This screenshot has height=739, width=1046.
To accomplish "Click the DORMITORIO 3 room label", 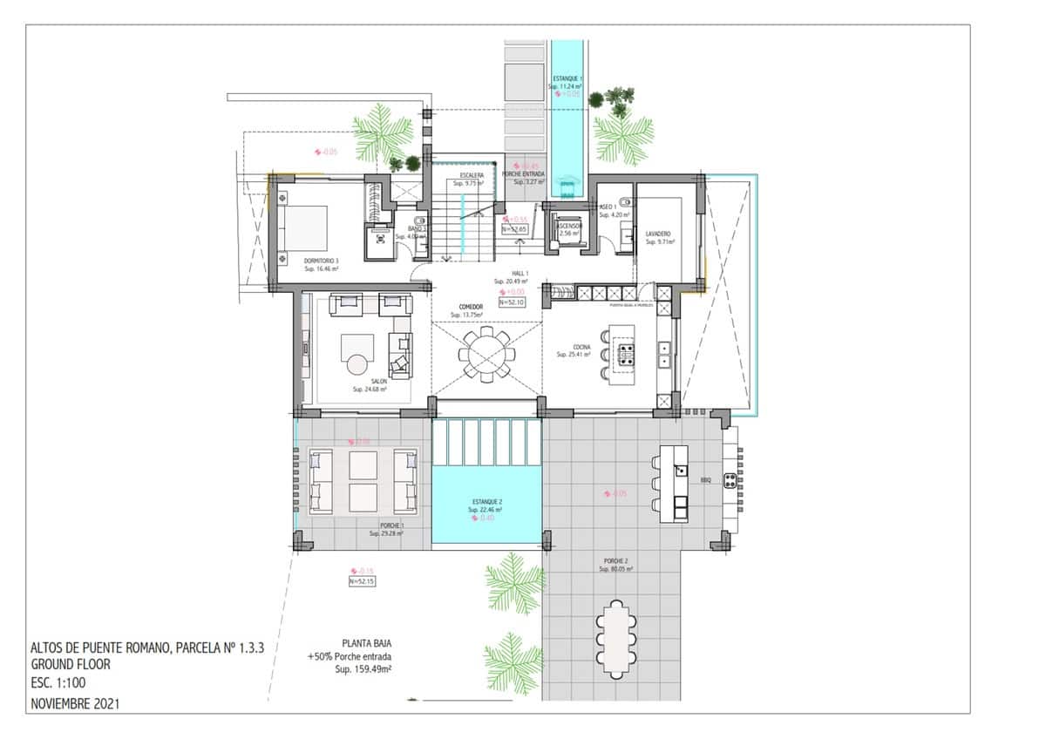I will coord(321,261).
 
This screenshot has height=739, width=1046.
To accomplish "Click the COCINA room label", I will coord(581,348).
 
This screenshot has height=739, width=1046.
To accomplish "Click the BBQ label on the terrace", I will coord(704,480).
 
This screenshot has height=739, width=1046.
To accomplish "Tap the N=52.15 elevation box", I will coord(361,581).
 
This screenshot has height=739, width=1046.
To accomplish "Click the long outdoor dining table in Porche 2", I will coord(617,639).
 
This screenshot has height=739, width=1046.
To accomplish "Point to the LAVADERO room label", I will coord(658,234).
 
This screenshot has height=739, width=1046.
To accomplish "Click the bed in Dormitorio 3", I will coord(304,228).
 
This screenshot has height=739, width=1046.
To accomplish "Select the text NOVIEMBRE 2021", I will coord(74,702).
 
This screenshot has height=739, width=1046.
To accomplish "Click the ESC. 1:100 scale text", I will coord(58,683).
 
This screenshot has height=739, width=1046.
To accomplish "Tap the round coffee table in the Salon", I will coord(358,367).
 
